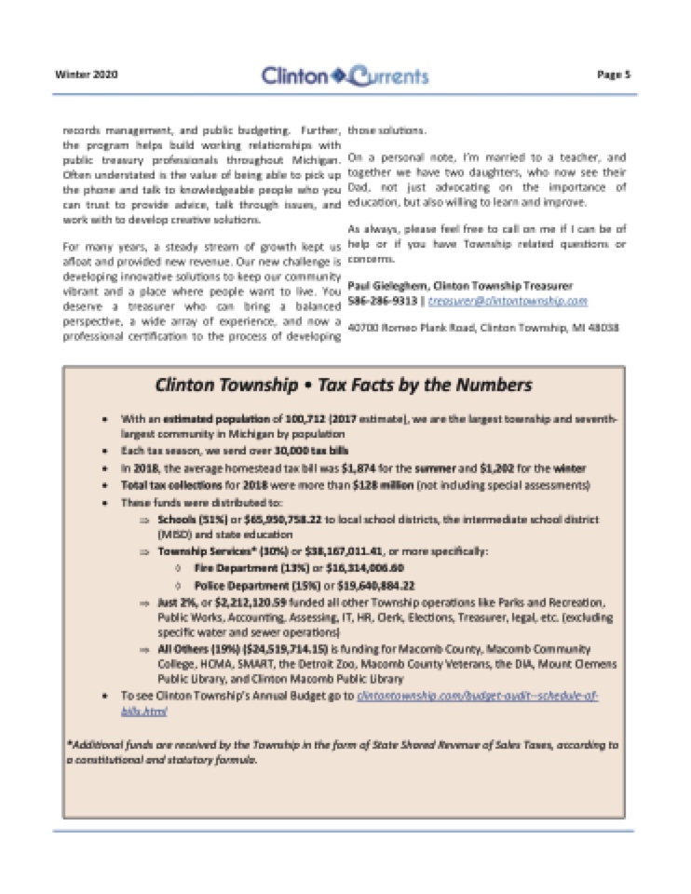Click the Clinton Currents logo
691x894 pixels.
pos(345,74)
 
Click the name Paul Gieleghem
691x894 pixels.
pos(393,285)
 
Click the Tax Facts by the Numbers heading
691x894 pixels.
pos(344,385)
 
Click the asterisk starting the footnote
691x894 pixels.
pos(69,744)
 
